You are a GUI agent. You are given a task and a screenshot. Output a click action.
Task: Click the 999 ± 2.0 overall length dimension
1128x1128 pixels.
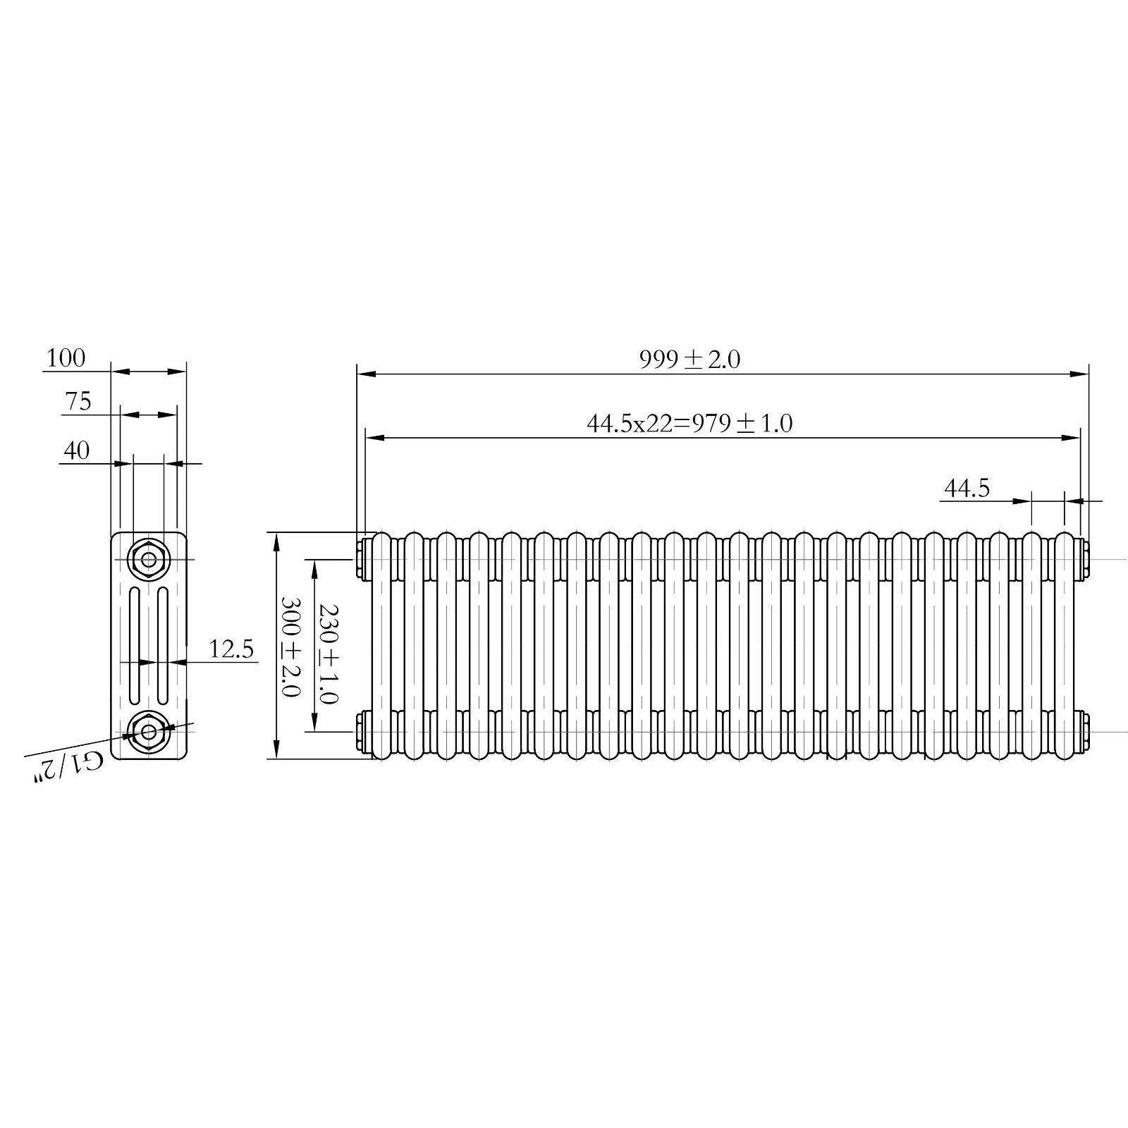(689, 360)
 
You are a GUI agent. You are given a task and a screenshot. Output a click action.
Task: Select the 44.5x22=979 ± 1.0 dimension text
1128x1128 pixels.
(689, 424)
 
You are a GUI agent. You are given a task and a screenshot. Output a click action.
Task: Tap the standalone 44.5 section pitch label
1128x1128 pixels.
(967, 488)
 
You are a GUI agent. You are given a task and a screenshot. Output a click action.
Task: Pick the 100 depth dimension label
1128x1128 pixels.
(66, 358)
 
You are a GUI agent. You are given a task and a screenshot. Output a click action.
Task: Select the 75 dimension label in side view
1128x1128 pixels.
(78, 401)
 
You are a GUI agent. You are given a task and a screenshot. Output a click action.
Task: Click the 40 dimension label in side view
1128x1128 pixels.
(77, 450)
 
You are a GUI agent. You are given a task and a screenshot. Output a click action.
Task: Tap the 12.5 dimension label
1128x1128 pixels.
(231, 649)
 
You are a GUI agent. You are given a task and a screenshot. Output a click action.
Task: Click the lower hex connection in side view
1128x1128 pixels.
(148, 731)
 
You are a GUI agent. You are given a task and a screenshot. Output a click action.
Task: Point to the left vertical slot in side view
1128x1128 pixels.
(135, 645)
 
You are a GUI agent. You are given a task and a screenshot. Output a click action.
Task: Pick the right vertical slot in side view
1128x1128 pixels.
(162, 645)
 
